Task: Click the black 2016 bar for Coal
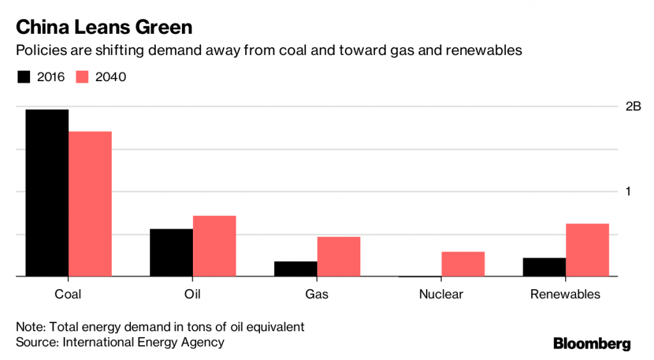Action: [47, 193]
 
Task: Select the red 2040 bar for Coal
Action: [90, 204]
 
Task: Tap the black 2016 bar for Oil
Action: [171, 252]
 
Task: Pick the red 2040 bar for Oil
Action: [215, 246]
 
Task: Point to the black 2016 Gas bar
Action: [296, 269]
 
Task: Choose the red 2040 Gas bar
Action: [338, 257]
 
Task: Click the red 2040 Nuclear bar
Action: [463, 264]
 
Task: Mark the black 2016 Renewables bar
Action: [544, 267]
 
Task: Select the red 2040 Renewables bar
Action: [588, 250]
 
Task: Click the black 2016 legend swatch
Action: [24, 77]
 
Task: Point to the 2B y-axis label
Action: [633, 107]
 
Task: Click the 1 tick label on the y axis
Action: [628, 191]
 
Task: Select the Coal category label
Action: [68, 294]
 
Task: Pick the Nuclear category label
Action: [441, 294]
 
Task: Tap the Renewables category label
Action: [565, 294]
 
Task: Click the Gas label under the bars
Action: [317, 294]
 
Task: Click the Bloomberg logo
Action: [591, 344]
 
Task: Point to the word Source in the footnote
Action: [36, 342]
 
